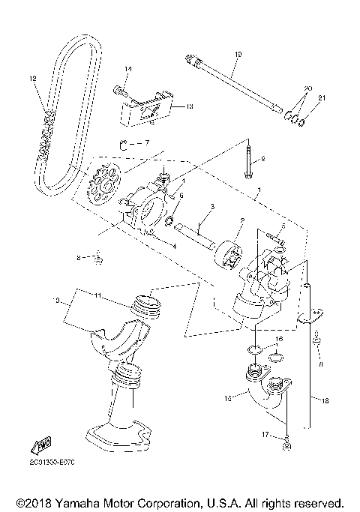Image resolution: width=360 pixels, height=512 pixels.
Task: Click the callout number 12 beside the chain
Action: click(32, 77)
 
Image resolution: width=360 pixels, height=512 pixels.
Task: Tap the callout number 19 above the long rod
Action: click(238, 54)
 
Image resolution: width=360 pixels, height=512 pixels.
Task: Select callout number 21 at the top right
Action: click(324, 98)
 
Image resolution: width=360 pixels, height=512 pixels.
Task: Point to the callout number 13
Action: click(190, 107)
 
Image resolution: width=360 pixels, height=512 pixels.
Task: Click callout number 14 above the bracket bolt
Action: click(128, 69)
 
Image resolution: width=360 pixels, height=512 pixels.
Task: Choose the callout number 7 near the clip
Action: click(147, 142)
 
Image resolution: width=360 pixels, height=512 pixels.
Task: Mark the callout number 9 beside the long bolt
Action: click(262, 159)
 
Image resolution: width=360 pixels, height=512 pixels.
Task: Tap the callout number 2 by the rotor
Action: click(242, 222)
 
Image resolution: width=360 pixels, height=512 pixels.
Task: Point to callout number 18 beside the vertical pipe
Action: click(325, 401)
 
